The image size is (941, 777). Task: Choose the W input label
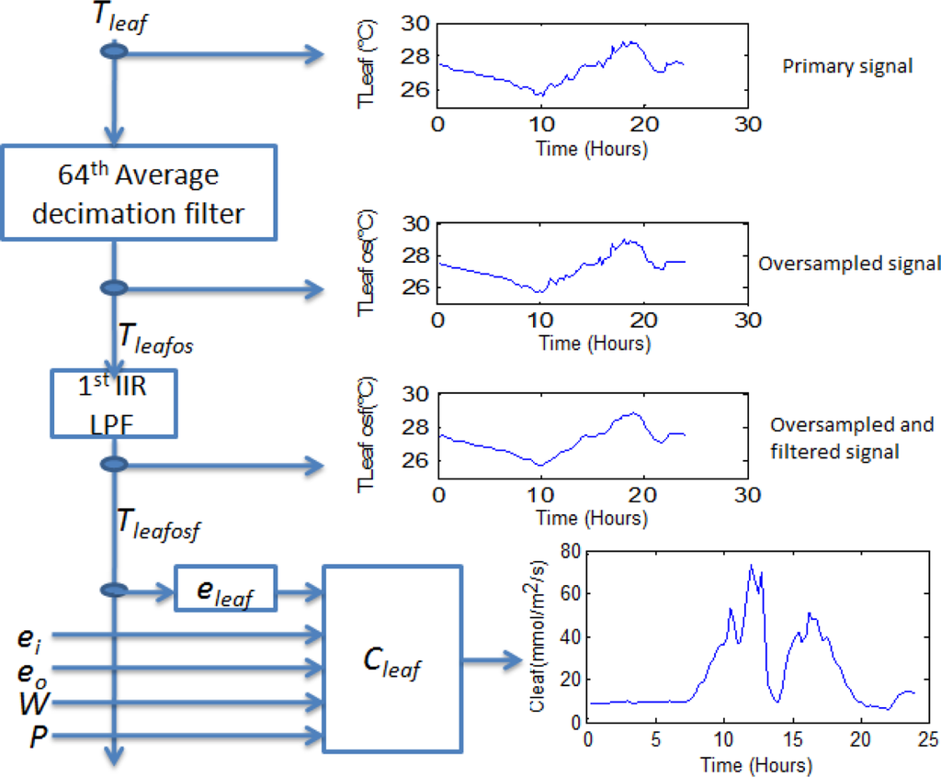(30, 704)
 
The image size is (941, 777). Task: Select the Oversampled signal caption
(850, 264)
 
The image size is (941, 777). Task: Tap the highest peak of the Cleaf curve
(751, 565)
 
